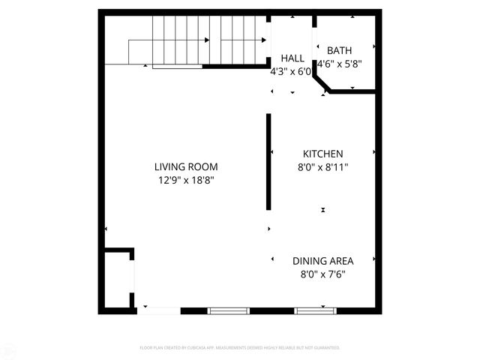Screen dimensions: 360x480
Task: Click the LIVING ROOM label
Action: pos(187,166)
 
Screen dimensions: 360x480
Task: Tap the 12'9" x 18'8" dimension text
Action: pos(187,180)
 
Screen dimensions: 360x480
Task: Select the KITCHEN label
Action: pos(322,153)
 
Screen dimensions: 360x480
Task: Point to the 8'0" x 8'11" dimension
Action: pos(322,168)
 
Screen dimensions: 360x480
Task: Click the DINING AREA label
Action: pos(322,261)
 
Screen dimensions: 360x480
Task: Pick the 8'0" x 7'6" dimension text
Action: pos(322,274)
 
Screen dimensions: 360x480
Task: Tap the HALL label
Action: pos(292,58)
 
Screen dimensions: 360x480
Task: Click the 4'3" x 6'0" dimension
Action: pos(291,73)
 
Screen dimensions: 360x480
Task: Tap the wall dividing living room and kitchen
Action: pos(268,161)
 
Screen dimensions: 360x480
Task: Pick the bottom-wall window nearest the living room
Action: pos(228,310)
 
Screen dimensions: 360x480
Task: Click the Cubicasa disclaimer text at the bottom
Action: pos(240,348)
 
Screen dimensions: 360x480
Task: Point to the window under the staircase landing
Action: pos(178,67)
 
